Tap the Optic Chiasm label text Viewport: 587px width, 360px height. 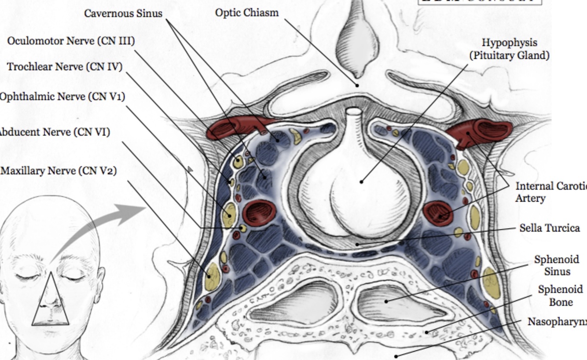click(x=246, y=13)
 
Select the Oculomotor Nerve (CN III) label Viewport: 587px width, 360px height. click(x=71, y=41)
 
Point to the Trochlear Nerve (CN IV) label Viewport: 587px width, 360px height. click(x=65, y=67)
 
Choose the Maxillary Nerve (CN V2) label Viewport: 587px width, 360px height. click(x=59, y=171)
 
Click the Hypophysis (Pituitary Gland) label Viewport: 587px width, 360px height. click(x=509, y=49)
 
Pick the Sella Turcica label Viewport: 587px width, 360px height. click(x=550, y=228)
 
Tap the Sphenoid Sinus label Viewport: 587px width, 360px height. click(x=556, y=265)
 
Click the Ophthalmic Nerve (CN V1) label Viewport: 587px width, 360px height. click(x=62, y=97)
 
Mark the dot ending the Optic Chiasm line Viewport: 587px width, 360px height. click(x=357, y=85)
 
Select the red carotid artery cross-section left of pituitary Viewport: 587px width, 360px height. click(x=259, y=212)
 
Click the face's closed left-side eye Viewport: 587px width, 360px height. click(x=26, y=276)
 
